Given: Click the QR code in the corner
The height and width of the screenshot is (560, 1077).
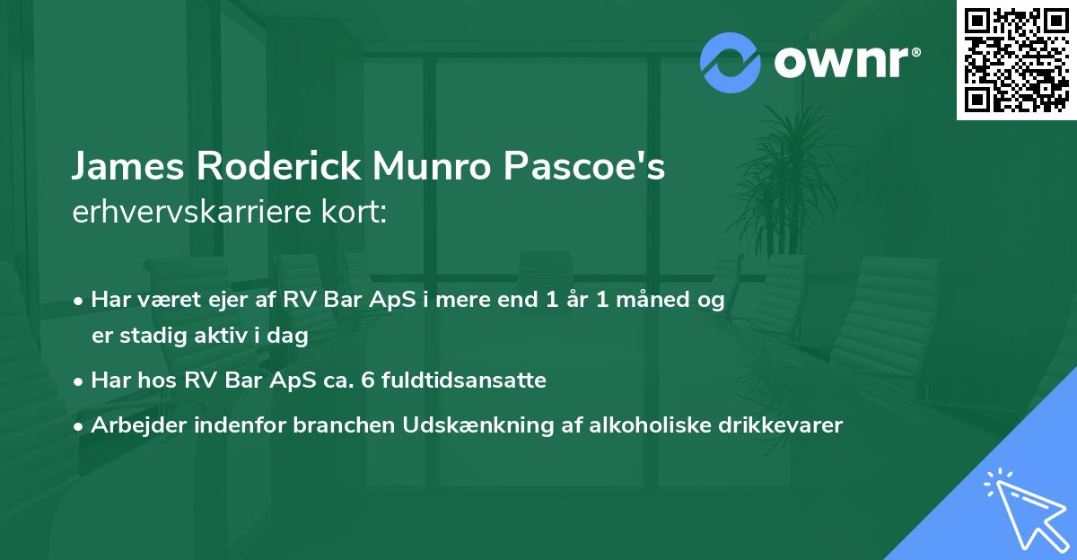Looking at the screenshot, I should point(1017,60).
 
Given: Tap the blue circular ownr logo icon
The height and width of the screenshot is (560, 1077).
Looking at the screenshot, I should point(731,63).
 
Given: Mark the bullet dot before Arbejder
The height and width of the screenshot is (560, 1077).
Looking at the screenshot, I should point(80,425).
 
